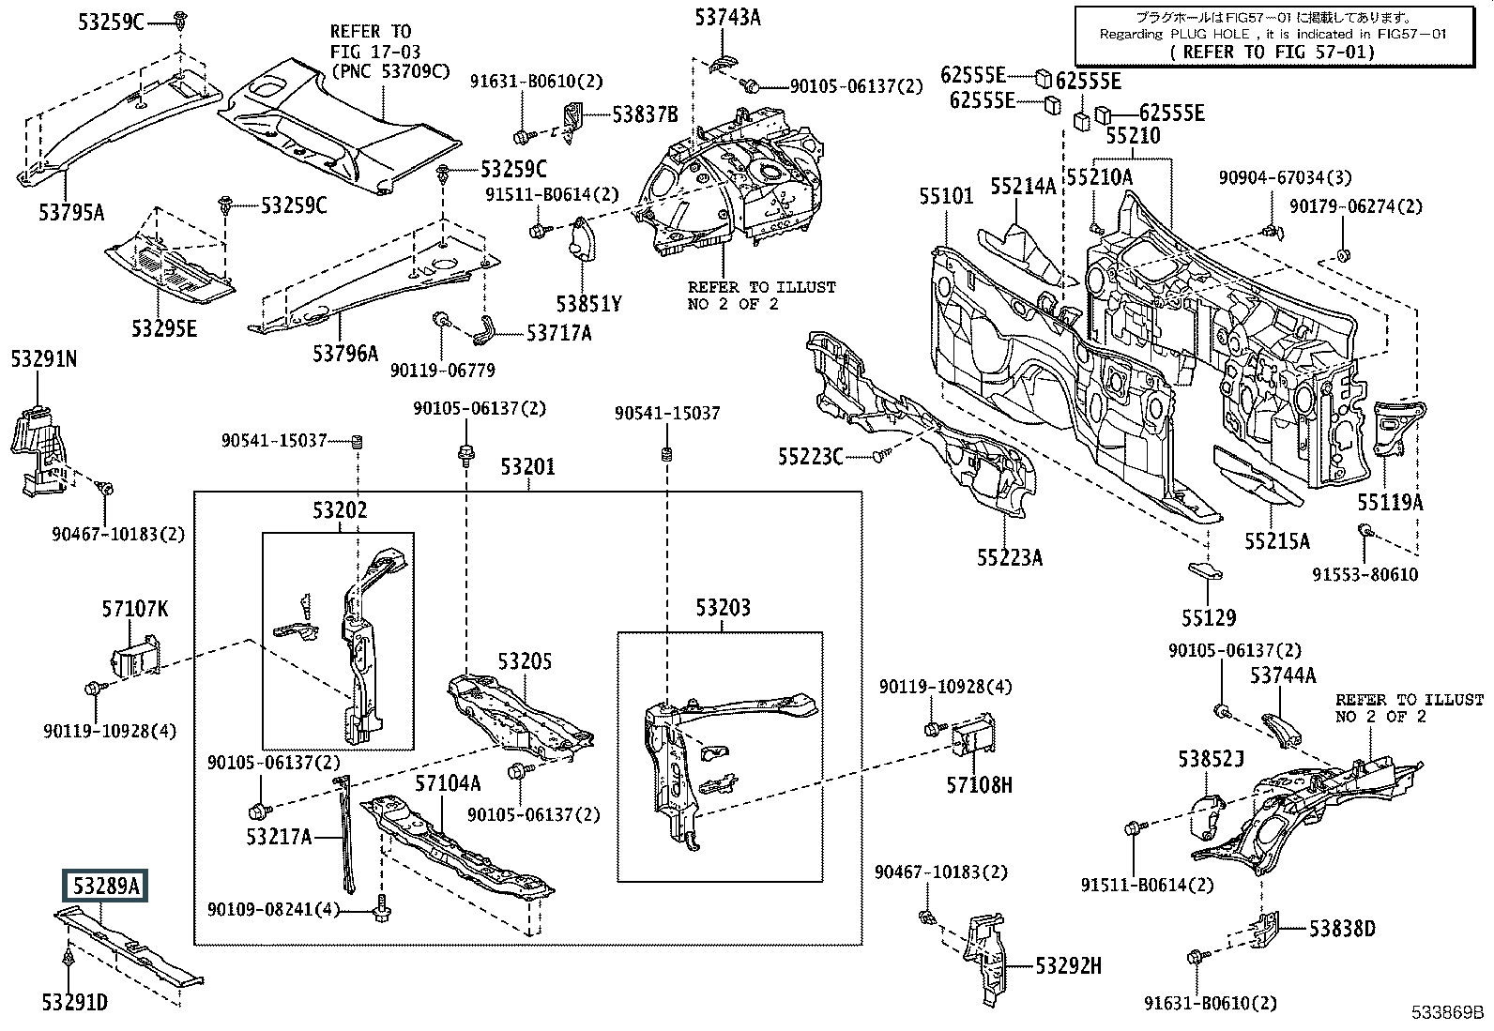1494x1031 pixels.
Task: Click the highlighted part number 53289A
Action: [105, 886]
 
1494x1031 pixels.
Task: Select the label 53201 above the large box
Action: [528, 467]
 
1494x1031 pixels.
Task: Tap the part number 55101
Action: [947, 196]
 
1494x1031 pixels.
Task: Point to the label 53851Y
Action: [589, 304]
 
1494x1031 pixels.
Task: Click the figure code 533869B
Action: [1447, 1012]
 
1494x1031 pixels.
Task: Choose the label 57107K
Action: [135, 609]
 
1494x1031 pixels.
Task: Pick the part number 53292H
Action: [1069, 965]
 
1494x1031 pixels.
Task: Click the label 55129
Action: [1209, 618]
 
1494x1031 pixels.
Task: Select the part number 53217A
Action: [279, 836]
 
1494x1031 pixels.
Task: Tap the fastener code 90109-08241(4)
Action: [274, 910]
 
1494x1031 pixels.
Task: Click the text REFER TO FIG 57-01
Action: [1272, 52]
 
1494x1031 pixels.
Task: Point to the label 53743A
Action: [727, 17]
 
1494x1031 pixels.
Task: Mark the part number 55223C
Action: [811, 457]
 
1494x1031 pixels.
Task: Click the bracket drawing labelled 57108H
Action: [974, 736]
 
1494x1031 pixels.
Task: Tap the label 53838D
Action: [1342, 929]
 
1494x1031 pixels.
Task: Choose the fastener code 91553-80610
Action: [1365, 574]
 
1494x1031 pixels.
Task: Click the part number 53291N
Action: [44, 359]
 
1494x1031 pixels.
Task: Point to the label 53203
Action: [723, 608]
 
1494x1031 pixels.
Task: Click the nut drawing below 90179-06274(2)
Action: [1344, 255]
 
